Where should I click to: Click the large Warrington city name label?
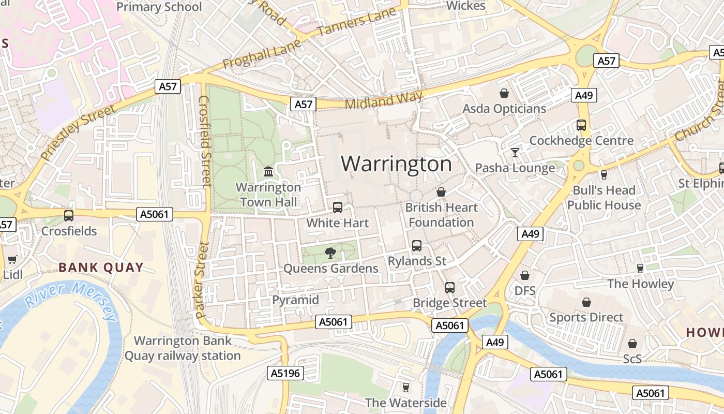pyautogui.click(x=396, y=164)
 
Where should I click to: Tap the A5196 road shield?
pyautogui.click(x=285, y=373)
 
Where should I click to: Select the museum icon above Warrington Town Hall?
pyautogui.click(x=268, y=171)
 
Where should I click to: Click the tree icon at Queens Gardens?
pyautogui.click(x=330, y=253)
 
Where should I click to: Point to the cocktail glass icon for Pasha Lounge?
pyautogui.click(x=515, y=152)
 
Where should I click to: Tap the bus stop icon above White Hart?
pyautogui.click(x=338, y=208)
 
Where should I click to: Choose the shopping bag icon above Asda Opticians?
pyautogui.click(x=504, y=93)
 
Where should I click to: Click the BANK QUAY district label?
pyautogui.click(x=101, y=268)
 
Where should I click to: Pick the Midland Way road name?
pyautogui.click(x=384, y=100)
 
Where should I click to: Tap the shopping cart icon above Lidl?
pyautogui.click(x=12, y=259)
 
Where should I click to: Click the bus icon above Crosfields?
pyautogui.click(x=69, y=215)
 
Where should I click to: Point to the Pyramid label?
pyautogui.click(x=295, y=300)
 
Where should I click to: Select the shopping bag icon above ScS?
pyautogui.click(x=632, y=344)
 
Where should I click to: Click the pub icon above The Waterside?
pyautogui.click(x=405, y=387)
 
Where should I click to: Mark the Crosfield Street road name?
pyautogui.click(x=205, y=141)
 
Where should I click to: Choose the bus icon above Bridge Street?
pyautogui.click(x=450, y=287)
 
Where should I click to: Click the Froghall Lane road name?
pyautogui.click(x=254, y=55)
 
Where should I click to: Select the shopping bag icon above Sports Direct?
pyautogui.click(x=586, y=302)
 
